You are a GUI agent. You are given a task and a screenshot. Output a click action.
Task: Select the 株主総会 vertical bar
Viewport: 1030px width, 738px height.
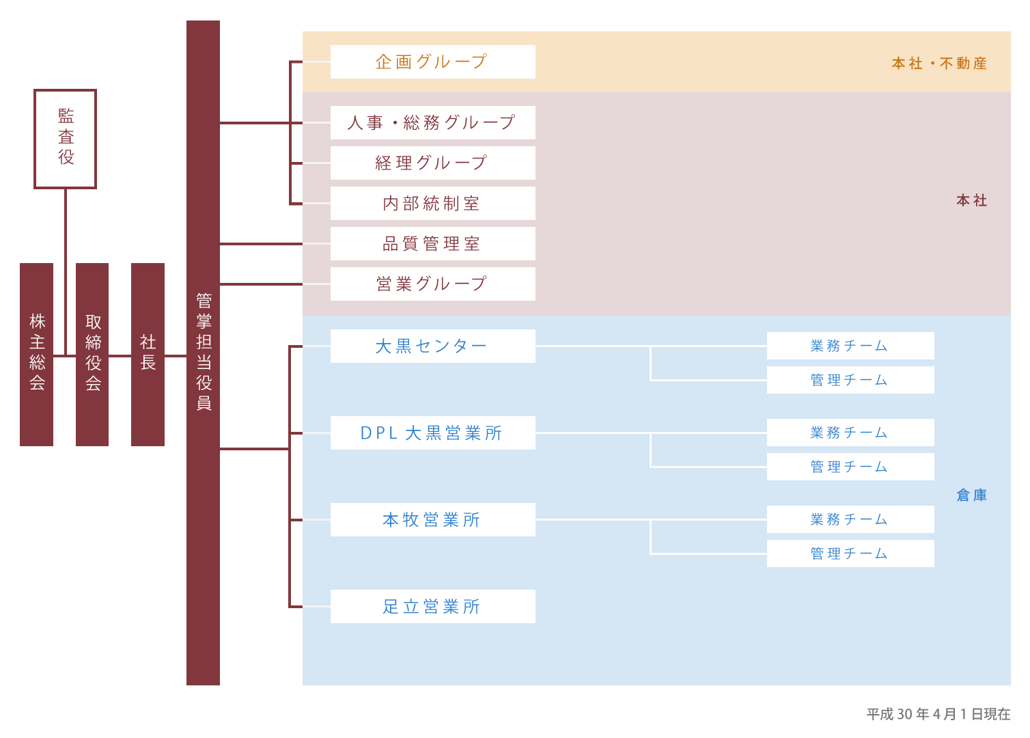point(36,354)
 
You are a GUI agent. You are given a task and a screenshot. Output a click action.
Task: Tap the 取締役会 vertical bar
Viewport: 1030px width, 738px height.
point(92,354)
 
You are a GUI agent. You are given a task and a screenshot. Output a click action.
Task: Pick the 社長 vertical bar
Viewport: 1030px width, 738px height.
point(148,354)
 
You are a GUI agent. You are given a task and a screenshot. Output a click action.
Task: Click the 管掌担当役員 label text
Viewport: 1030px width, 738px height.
point(204,351)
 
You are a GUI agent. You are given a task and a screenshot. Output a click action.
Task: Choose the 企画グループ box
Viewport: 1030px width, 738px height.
point(432,61)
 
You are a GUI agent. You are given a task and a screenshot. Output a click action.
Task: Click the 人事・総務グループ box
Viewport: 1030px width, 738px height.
point(432,122)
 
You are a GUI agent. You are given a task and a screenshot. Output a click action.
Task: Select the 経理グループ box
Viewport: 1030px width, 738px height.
point(432,163)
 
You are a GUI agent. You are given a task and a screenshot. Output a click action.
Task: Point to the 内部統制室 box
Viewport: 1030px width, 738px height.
point(432,203)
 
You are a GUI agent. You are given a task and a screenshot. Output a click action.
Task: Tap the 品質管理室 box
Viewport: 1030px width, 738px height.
point(432,243)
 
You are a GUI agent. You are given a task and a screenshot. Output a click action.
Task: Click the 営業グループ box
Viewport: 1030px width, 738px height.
point(432,284)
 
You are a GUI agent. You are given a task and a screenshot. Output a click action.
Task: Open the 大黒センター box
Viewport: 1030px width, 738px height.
point(432,346)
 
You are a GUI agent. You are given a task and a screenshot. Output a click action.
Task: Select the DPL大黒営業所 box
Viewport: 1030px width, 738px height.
point(432,433)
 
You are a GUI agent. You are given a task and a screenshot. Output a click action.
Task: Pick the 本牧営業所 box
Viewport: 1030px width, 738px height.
point(432,519)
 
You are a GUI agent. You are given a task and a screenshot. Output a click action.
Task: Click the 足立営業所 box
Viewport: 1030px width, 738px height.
point(432,606)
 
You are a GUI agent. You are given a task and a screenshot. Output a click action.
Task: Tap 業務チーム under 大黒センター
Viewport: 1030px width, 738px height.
point(850,346)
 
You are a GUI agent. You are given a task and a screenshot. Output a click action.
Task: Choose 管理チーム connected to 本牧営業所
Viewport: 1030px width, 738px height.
point(850,553)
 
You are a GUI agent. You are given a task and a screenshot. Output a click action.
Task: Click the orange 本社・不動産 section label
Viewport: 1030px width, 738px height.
point(939,63)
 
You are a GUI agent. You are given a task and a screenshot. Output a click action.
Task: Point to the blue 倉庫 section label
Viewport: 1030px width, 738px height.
point(972,495)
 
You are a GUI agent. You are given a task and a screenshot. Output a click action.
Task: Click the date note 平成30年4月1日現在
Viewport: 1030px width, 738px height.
point(938,714)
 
